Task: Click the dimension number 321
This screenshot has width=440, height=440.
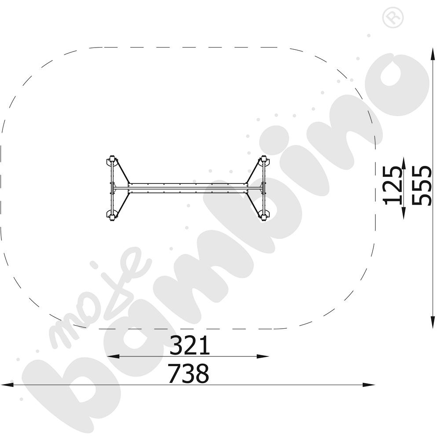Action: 190,345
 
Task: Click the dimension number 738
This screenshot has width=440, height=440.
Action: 189,374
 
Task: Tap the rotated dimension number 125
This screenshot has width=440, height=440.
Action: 393,185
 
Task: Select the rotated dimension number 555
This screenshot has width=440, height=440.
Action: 422,186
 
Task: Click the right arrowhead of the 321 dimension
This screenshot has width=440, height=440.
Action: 263,356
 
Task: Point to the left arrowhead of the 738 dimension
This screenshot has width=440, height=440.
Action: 7,385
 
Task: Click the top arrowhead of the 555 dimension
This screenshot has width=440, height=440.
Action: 433,54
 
